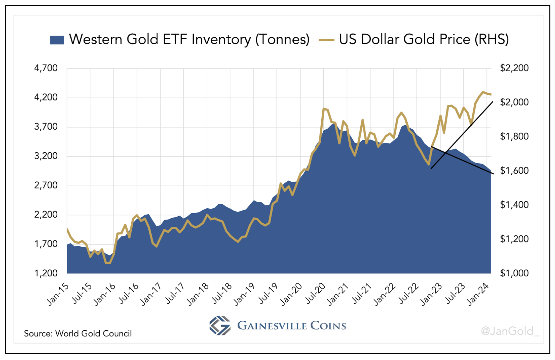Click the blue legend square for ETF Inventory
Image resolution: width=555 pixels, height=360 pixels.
[57, 40]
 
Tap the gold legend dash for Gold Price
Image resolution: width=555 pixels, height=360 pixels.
[326, 40]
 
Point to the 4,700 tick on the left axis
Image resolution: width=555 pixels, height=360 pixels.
[46, 68]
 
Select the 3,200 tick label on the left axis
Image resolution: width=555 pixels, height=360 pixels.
[46, 156]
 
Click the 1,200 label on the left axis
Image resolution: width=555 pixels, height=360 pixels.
[46, 273]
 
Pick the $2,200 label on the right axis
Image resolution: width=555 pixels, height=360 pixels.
[514, 68]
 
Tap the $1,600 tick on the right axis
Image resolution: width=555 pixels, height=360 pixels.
[514, 170]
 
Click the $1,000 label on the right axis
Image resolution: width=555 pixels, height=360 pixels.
[514, 273]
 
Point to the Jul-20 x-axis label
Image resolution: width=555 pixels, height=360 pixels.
[315, 293]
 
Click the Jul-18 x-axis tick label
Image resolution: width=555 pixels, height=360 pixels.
[222, 293]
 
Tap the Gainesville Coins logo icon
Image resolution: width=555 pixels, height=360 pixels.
[220, 325]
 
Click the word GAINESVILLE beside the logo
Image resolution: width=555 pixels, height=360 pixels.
[272, 326]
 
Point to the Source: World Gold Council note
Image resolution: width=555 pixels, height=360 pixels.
[78, 334]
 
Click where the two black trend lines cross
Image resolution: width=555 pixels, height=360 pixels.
[446, 152]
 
